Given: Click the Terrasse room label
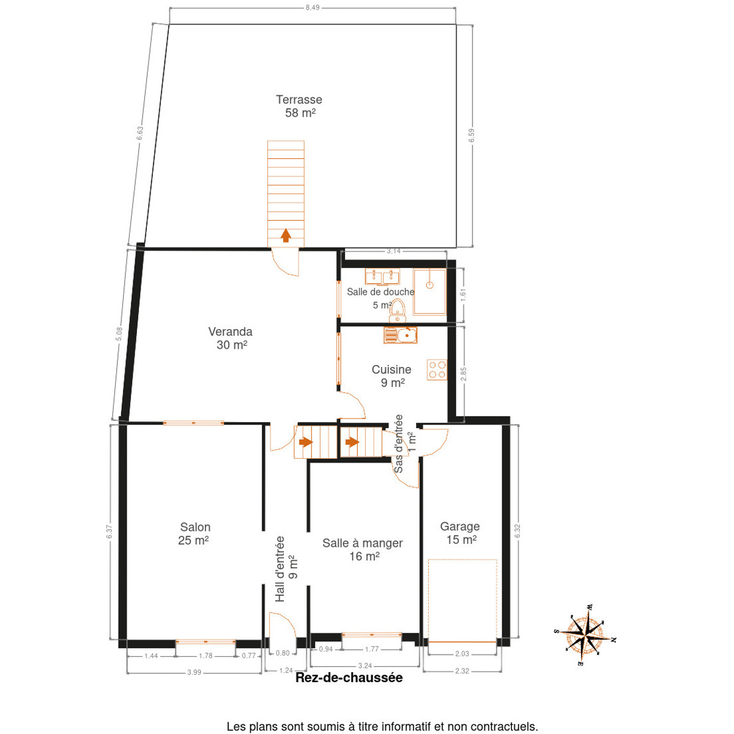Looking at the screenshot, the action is pyautogui.click(x=299, y=106).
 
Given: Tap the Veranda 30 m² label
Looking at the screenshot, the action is pyautogui.click(x=231, y=338).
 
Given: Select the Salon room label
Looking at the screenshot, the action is pyautogui.click(x=195, y=533).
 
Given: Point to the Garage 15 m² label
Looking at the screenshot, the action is pyautogui.click(x=460, y=533).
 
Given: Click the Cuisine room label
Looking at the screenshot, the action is pyautogui.click(x=392, y=376).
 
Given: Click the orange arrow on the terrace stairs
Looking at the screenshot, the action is pyautogui.click(x=286, y=235).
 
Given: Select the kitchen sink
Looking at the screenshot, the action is pyautogui.click(x=400, y=335).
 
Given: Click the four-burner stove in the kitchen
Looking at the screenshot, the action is pyautogui.click(x=437, y=369).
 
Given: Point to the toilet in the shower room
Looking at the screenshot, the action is pyautogui.click(x=398, y=311).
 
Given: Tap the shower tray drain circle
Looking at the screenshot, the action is pyautogui.click(x=429, y=285).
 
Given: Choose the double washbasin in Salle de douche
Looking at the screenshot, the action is pyautogui.click(x=382, y=276).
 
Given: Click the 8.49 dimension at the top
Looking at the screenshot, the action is pyautogui.click(x=313, y=7).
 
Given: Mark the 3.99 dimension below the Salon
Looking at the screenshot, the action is pyautogui.click(x=195, y=672).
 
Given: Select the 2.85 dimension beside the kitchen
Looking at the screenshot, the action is pyautogui.click(x=463, y=374).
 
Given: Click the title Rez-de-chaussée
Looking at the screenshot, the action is pyautogui.click(x=349, y=678).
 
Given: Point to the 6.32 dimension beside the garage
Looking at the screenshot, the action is pyautogui.click(x=517, y=532).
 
